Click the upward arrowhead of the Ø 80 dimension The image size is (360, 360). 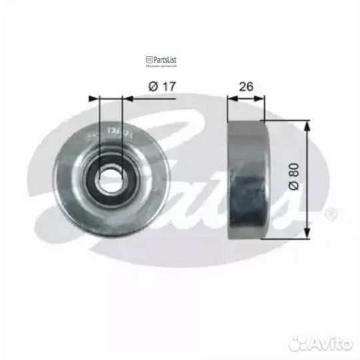308,126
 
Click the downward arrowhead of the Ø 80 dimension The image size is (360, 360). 308,233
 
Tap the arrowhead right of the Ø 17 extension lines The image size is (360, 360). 128,97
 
